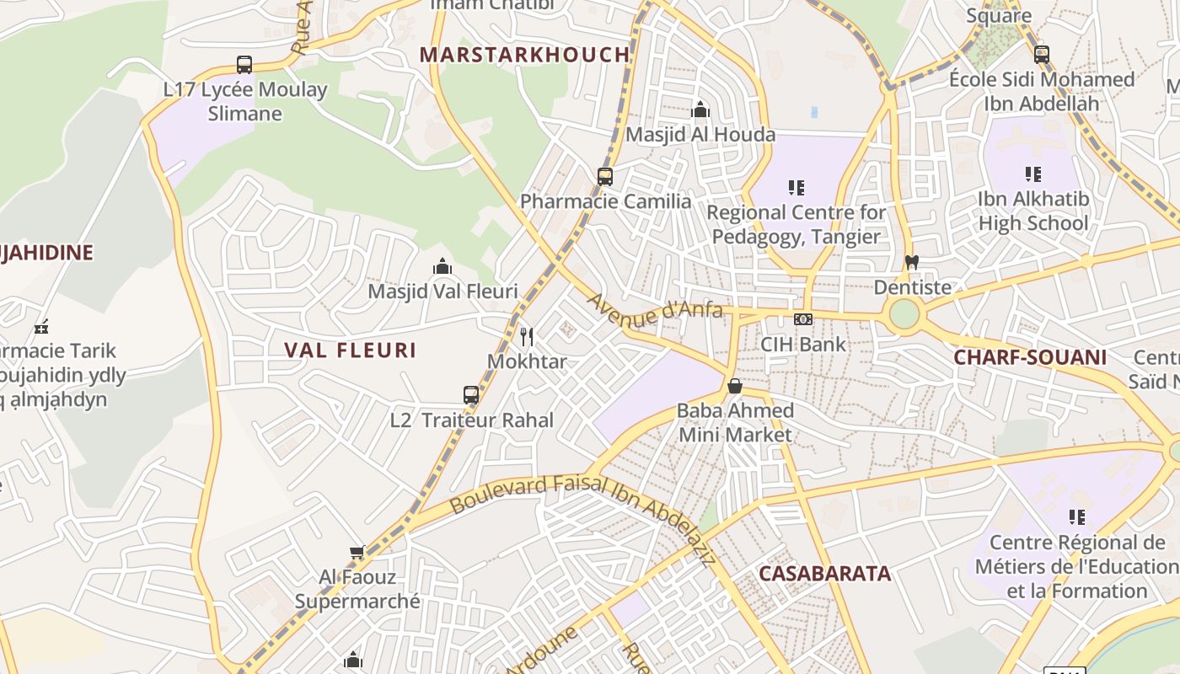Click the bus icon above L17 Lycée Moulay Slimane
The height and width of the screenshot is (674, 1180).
pos(244,64)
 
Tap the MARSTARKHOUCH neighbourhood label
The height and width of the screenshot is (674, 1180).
pos(524,55)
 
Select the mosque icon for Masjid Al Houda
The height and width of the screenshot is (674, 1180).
pos(700,110)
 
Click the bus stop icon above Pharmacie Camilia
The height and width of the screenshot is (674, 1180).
pos(604,176)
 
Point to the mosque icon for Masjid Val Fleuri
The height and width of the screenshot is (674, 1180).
pos(442,267)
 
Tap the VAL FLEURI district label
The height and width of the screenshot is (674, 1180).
pos(350,350)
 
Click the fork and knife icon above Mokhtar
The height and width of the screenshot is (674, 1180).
pos(527,337)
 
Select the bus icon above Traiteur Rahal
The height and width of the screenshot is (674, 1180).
pos(471,394)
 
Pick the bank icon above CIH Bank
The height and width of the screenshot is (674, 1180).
pos(803,319)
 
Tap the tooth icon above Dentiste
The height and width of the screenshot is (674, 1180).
pos(911,262)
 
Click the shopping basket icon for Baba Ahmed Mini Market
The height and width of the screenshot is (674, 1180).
pos(735,386)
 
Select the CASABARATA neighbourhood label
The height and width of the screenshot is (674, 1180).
pos(824,574)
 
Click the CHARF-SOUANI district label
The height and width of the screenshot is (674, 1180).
pos(1029,357)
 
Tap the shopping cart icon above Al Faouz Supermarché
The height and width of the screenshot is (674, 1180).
pos(357,553)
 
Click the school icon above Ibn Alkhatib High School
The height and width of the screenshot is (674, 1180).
pos(1033,174)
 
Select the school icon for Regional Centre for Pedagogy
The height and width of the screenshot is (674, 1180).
pos(796,187)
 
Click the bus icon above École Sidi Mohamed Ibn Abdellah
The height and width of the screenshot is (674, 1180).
pos(1042,55)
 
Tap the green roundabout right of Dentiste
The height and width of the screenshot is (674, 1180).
pos(904,314)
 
